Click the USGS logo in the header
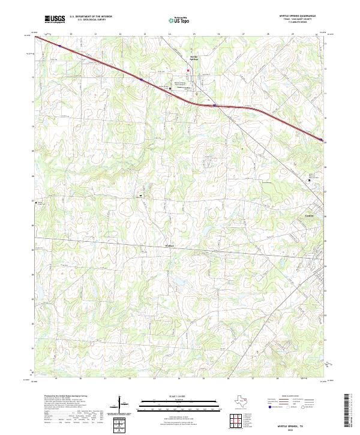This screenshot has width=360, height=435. (55, 20)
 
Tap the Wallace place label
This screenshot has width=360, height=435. (169, 245)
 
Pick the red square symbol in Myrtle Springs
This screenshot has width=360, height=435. (187, 70)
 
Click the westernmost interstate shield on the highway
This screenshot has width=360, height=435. (60, 45)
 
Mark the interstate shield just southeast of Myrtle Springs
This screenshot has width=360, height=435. (214, 104)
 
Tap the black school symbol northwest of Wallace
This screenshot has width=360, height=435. (141, 196)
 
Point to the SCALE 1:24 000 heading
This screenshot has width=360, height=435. (180, 397)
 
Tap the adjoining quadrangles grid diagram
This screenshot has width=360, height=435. (236, 422)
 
